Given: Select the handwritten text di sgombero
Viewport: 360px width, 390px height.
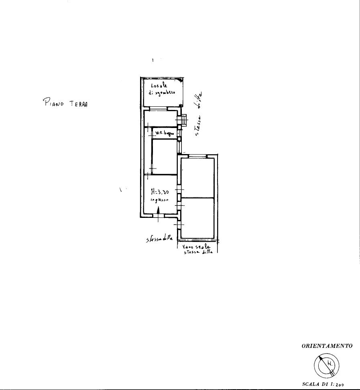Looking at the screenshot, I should click(x=162, y=92).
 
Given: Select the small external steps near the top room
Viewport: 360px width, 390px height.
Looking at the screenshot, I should click(x=184, y=119).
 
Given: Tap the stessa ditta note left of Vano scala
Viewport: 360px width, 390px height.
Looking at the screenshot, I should click(x=159, y=239).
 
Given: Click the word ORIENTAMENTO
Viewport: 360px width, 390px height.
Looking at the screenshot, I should click(x=327, y=345).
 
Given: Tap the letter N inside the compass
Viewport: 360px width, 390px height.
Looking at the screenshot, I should click(x=329, y=364).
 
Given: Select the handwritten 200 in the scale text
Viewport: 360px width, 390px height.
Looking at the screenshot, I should click(x=340, y=384).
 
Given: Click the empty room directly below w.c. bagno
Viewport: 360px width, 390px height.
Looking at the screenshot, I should click(x=164, y=156).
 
